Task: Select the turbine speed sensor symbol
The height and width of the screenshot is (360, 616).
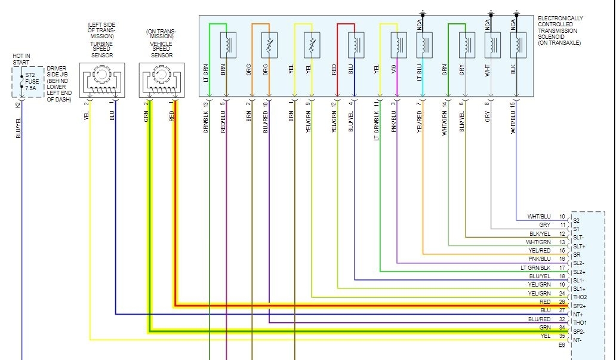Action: click(x=101, y=79)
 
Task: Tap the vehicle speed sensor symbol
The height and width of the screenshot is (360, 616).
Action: click(x=159, y=79)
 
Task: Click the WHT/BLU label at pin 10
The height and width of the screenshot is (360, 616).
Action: click(x=539, y=216)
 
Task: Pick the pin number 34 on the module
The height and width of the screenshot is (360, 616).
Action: click(x=562, y=327)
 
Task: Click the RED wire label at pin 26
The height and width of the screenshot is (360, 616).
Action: click(x=544, y=302)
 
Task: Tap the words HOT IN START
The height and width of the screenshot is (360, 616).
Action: click(x=21, y=59)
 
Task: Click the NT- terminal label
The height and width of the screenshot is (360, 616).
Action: click(x=577, y=340)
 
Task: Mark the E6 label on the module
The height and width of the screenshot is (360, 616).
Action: click(x=562, y=344)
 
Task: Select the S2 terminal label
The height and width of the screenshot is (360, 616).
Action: click(x=577, y=220)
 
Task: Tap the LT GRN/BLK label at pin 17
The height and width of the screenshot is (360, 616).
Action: click(x=536, y=268)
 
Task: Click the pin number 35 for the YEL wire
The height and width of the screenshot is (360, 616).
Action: click(x=562, y=336)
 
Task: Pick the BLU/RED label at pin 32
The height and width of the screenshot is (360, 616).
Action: click(x=540, y=319)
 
